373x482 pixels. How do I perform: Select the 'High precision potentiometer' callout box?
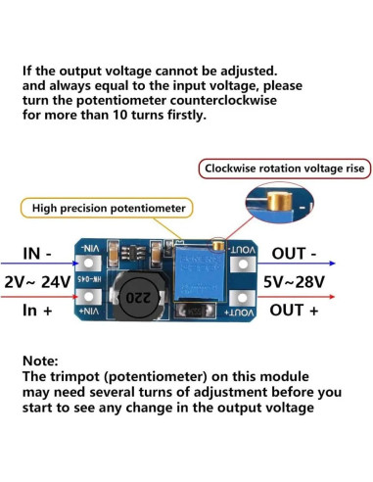[108, 208]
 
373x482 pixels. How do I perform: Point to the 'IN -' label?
[44, 255]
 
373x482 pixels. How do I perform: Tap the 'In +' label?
[43, 311]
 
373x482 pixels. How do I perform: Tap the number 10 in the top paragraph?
[119, 115]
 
